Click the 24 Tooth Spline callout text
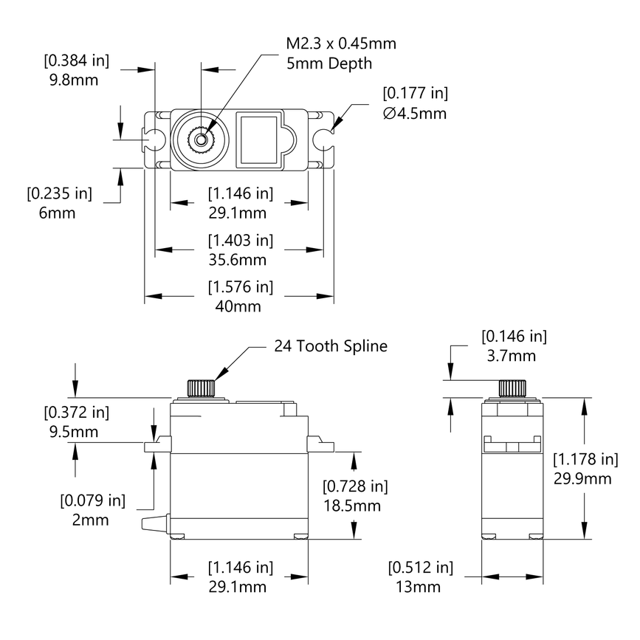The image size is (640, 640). [331, 345]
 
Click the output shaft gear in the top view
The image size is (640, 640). [201, 138]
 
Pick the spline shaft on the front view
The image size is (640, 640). [201, 388]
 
